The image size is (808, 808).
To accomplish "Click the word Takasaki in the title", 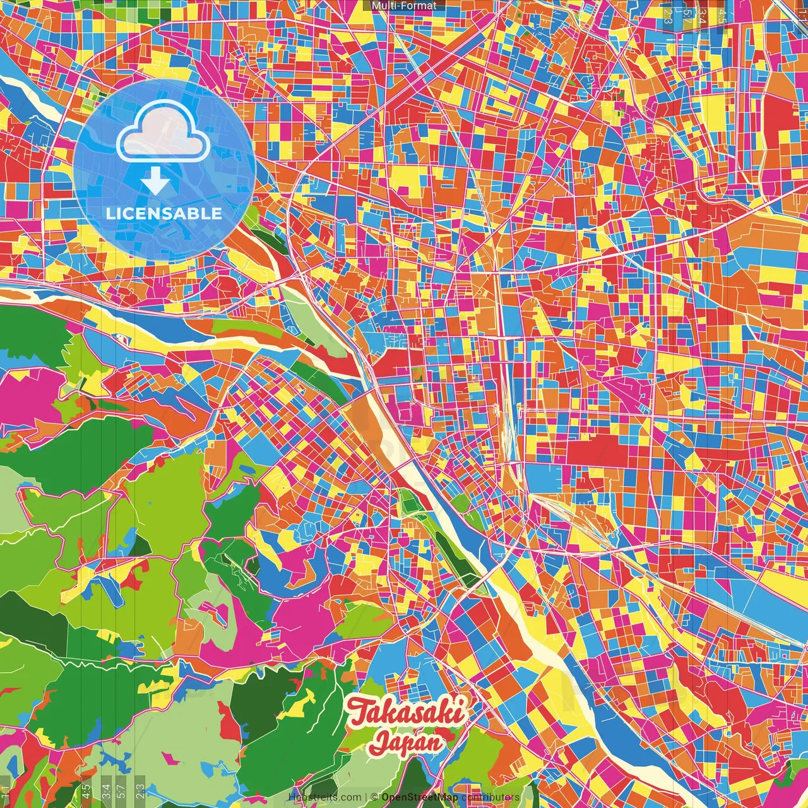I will (407, 712).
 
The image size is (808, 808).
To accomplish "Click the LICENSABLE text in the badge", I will (164, 213).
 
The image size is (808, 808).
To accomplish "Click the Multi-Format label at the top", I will (404, 6).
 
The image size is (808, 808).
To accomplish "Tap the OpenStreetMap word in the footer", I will (419, 797).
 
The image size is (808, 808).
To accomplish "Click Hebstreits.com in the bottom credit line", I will (324, 797).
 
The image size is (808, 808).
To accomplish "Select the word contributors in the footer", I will (490, 797).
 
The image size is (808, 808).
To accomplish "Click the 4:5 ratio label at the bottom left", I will (86, 791).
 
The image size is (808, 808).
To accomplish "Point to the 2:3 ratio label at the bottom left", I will (140, 791).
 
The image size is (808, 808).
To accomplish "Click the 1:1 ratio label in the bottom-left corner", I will (5, 791).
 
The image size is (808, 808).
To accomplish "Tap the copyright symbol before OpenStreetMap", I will (374, 797).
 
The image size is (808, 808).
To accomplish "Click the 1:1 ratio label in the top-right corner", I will (804, 13).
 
